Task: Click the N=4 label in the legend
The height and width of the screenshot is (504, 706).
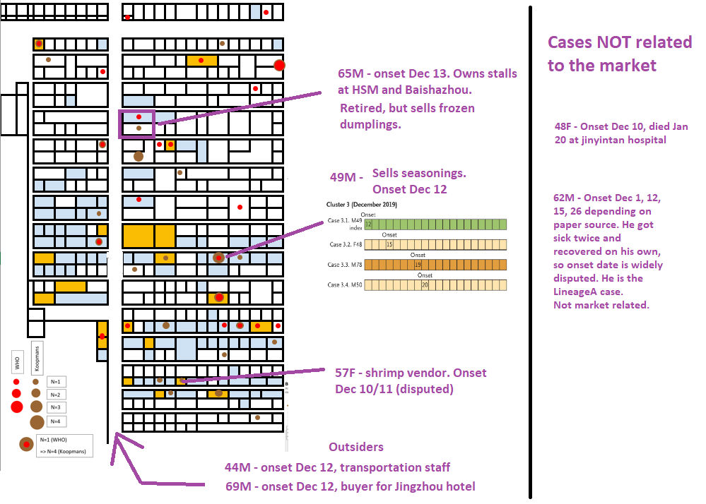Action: click(56, 422)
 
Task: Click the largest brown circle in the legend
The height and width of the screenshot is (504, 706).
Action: click(37, 422)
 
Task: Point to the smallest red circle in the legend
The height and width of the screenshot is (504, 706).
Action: click(16, 382)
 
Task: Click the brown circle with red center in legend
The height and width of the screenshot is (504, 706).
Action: click(27, 444)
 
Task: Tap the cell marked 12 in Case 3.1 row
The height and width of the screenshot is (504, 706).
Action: click(368, 224)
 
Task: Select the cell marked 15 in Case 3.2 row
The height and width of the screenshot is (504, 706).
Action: click(389, 245)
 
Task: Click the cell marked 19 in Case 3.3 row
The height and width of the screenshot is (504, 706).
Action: click(418, 265)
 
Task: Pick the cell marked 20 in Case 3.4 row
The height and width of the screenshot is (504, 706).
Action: click(425, 285)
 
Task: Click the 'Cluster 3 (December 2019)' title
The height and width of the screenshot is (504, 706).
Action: click(362, 204)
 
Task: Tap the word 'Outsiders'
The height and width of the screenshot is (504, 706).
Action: click(356, 447)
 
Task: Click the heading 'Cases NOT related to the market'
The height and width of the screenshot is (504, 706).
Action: click(619, 54)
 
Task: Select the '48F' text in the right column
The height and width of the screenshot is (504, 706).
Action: click(563, 127)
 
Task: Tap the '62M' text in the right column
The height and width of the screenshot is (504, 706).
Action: click(563, 198)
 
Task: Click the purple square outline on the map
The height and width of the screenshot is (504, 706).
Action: click(136, 124)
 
